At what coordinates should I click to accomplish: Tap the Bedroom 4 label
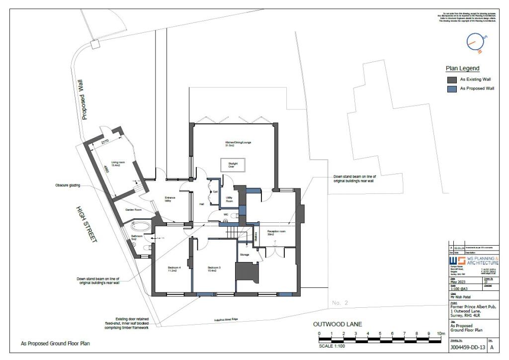pos(173,270)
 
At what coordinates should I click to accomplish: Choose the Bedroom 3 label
pos(214,270)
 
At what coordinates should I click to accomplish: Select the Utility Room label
pos(229,199)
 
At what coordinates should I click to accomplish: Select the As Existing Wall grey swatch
pos(451,80)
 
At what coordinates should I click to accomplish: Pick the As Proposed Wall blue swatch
pos(451,89)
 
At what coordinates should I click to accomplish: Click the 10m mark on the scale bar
pos(440,334)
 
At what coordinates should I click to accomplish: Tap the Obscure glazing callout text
pos(68,186)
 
